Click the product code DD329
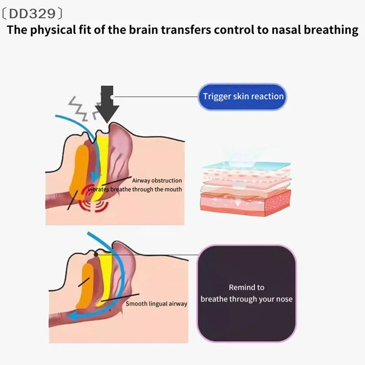(x=32, y=14)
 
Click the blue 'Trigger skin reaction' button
(x=242, y=96)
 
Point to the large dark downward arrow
(x=107, y=104)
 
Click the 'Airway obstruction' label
(x=157, y=180)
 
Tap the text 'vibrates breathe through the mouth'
(x=135, y=189)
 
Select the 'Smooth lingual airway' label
(x=156, y=303)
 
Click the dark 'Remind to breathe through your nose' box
(x=246, y=293)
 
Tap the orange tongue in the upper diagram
(x=79, y=172)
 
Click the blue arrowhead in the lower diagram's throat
(x=73, y=316)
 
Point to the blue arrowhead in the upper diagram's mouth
(x=95, y=177)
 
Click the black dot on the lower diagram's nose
(x=96, y=255)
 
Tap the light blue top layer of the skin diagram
(x=246, y=165)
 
